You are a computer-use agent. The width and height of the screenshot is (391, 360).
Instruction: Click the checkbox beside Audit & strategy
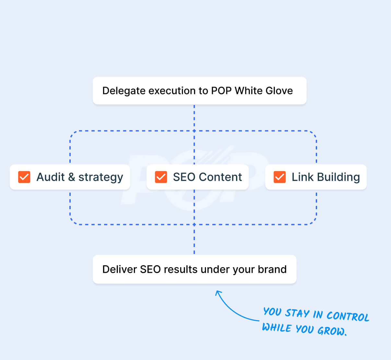coord(24,177)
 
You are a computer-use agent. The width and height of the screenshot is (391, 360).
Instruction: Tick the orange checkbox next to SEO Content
coord(161,177)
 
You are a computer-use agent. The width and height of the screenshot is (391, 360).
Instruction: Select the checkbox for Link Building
coord(279,177)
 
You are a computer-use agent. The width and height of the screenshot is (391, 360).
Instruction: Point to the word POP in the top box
coord(221,91)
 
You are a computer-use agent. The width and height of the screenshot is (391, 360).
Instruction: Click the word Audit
coord(51,177)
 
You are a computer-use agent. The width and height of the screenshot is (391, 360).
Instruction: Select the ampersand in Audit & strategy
coord(72,177)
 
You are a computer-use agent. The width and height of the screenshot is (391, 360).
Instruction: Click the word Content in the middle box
coord(220,177)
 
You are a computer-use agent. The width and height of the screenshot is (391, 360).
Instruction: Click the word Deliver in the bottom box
coord(120,269)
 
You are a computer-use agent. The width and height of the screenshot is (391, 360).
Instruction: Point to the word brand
coord(272,269)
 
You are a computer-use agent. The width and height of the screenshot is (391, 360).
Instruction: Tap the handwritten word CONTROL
coord(348,316)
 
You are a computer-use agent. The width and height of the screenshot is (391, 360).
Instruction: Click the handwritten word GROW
coord(331,331)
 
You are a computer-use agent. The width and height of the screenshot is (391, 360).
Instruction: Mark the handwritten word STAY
coord(297,313)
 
